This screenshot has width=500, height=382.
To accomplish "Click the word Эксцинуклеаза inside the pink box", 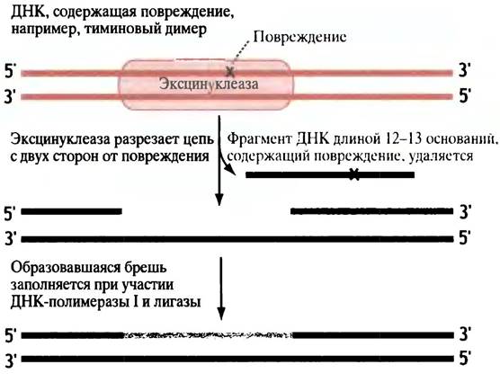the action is tap(209, 84).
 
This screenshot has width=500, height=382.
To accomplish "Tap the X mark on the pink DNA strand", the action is tap(229, 72).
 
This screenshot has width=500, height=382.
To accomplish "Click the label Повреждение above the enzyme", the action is tap(299, 37).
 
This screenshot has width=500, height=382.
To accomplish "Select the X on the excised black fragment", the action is tap(353, 174).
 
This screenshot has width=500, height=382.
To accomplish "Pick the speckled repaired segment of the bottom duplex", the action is tap(208, 335).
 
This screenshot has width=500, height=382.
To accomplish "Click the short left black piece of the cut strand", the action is tap(71, 211).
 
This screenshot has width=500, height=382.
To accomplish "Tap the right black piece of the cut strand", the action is tap(371, 211).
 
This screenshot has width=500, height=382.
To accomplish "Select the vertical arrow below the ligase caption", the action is tap(221, 289).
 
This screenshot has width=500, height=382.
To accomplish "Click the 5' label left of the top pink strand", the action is tap(9, 72).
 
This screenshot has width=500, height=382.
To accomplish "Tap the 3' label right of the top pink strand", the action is tap(464, 70).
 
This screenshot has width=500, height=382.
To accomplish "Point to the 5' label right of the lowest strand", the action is tap(464, 359).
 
